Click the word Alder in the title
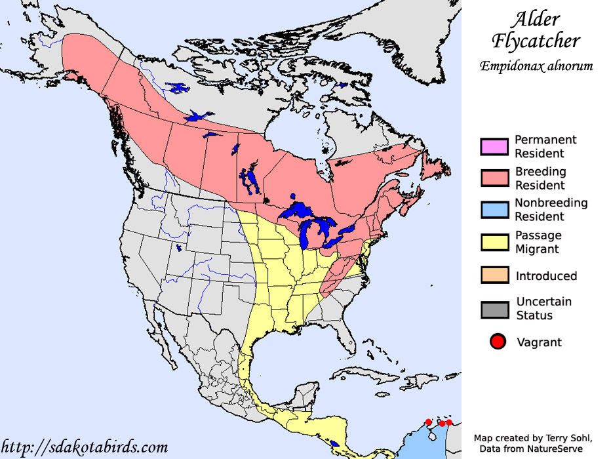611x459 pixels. pyautogui.click(x=536, y=19)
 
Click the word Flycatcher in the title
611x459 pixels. pyautogui.click(x=536, y=41)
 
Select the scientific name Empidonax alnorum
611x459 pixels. pyautogui.click(x=536, y=66)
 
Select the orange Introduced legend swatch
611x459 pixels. pyautogui.click(x=495, y=275)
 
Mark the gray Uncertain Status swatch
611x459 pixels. pyautogui.click(x=495, y=309)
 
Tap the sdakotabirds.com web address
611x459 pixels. pyautogui.click(x=85, y=448)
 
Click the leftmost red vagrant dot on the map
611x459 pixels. pyautogui.click(x=428, y=422)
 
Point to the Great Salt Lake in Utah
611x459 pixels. pyautogui.click(x=179, y=249)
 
